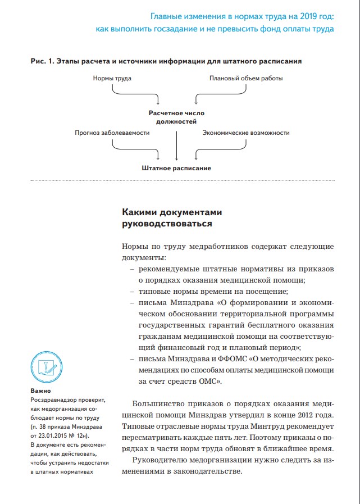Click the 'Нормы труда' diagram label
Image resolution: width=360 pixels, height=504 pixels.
click(112, 78)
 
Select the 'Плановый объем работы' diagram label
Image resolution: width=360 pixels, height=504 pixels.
click(246, 78)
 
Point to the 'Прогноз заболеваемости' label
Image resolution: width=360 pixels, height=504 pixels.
click(112, 133)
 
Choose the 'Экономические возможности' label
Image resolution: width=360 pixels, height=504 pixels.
click(246, 133)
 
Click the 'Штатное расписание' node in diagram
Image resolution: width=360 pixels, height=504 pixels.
click(176, 168)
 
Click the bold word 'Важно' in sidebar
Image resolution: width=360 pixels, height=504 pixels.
click(40, 391)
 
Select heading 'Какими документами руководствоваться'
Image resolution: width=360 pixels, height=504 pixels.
click(172, 218)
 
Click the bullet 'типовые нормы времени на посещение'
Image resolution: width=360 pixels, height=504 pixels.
click(213, 290)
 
